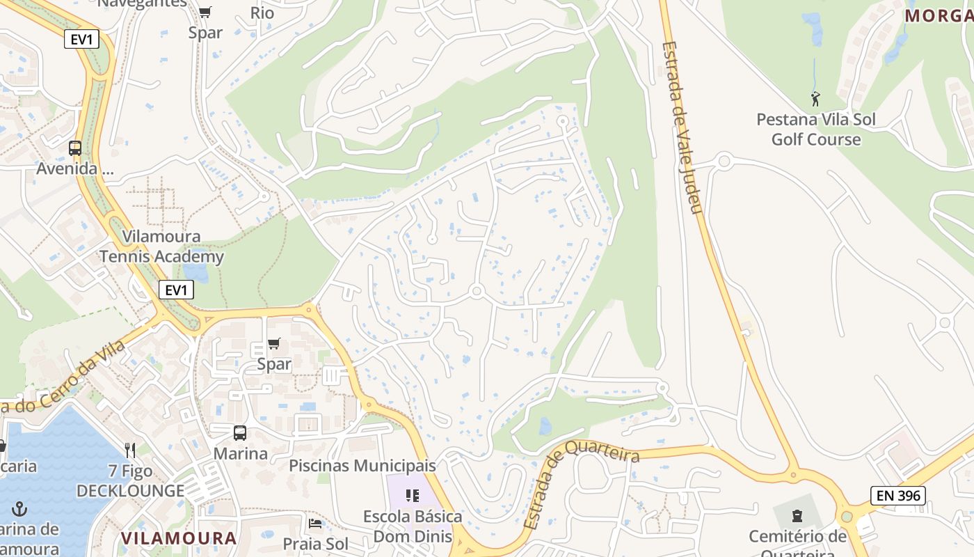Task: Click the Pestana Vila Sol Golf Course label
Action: [816, 130]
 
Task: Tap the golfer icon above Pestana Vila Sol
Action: [815, 99]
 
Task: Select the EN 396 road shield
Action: [897, 496]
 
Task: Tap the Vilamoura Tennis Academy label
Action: [161, 246]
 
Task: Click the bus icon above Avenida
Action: [74, 148]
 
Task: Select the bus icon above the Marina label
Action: [240, 433]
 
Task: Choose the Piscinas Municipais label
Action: [362, 465]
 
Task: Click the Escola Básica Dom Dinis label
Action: [413, 526]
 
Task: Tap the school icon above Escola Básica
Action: [413, 496]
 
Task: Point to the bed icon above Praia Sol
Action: [315, 524]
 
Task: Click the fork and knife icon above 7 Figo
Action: [130, 450]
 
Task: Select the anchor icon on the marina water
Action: [19, 510]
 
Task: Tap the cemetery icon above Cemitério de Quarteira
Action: [797, 516]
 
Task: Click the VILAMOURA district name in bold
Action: [179, 538]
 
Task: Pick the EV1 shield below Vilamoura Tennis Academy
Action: [176, 290]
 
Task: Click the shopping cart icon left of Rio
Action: [205, 12]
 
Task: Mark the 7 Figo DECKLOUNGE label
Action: [130, 481]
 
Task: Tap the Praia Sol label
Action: [315, 544]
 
